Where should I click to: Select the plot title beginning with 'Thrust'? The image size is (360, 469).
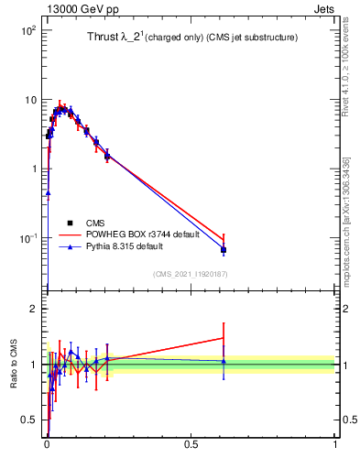coord(186,37)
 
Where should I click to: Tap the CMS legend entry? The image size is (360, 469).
coord(95,222)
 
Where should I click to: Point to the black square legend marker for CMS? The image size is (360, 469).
coord(70,222)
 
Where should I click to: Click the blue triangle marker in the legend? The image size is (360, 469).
coord(70,247)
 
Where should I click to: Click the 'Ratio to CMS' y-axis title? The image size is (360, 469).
coord(14,366)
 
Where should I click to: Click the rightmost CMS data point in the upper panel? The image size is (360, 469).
coord(224,250)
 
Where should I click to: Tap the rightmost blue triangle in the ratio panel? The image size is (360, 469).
coord(224,362)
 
